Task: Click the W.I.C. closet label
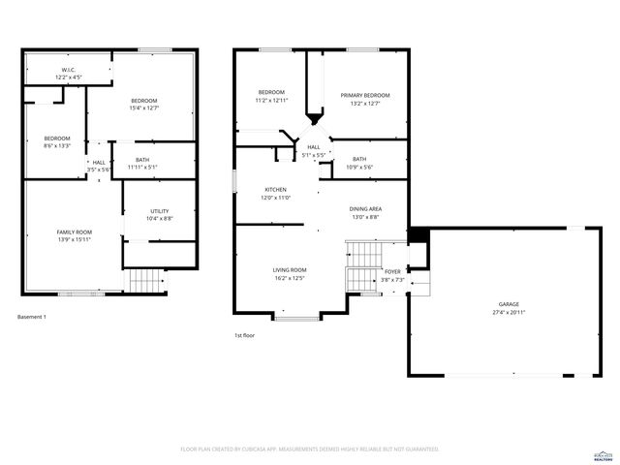pyautogui.click(x=69, y=70)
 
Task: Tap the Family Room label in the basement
pyautogui.click(x=75, y=232)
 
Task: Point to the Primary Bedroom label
pyautogui.click(x=365, y=95)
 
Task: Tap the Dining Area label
pyautogui.click(x=365, y=208)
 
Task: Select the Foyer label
pyautogui.click(x=392, y=272)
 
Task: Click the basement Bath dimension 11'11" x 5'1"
pyautogui.click(x=142, y=168)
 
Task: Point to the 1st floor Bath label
pyautogui.click(x=359, y=159)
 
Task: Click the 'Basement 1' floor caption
pyautogui.click(x=32, y=317)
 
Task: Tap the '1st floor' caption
pyautogui.click(x=244, y=335)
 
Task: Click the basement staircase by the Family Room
pyautogui.click(x=147, y=280)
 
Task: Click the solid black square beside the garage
pyautogui.click(x=418, y=235)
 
